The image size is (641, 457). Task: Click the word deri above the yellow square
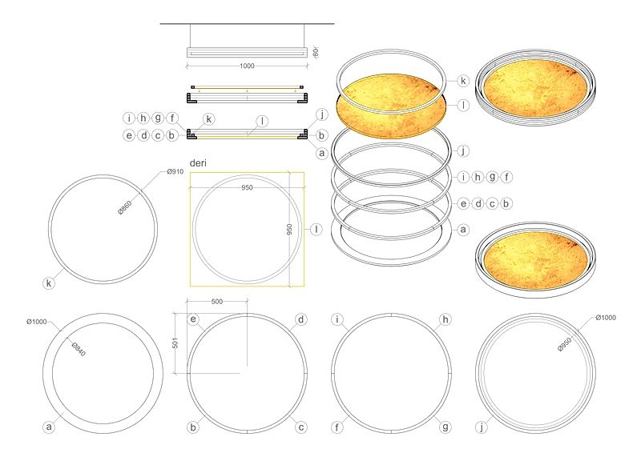(x=198, y=163)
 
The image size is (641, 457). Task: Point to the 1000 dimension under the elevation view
(x=247, y=66)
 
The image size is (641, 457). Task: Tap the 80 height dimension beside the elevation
(x=315, y=52)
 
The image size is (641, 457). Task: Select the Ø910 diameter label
(x=175, y=171)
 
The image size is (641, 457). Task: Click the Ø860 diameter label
(x=125, y=207)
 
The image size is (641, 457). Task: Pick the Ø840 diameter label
(x=79, y=349)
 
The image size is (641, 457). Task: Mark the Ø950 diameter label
(x=565, y=344)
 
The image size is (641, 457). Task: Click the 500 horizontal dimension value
(x=217, y=302)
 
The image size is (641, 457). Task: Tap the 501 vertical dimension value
(x=175, y=343)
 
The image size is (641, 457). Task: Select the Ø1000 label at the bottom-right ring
(x=606, y=317)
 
